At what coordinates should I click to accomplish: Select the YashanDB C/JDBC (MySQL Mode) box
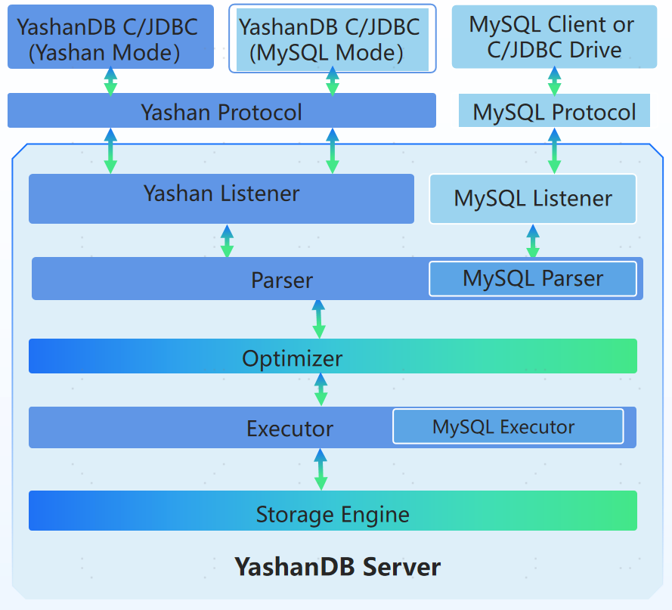(332, 38)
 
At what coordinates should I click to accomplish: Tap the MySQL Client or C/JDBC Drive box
(554, 36)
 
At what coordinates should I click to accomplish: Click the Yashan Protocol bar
(221, 112)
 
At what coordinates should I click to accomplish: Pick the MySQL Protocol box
(554, 112)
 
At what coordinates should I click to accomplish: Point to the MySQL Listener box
(533, 199)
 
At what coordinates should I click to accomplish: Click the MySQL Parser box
(533, 279)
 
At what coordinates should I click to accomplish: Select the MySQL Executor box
(507, 427)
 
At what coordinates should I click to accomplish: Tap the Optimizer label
(293, 358)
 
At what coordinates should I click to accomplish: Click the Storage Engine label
(333, 515)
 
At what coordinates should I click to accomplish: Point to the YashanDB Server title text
(337, 566)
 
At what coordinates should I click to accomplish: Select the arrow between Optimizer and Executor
(321, 389)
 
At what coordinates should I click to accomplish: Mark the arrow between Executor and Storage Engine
(321, 469)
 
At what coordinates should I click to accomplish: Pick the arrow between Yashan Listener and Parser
(227, 241)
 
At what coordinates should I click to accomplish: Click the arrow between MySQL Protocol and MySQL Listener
(554, 150)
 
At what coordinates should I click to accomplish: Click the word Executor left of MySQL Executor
(290, 429)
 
